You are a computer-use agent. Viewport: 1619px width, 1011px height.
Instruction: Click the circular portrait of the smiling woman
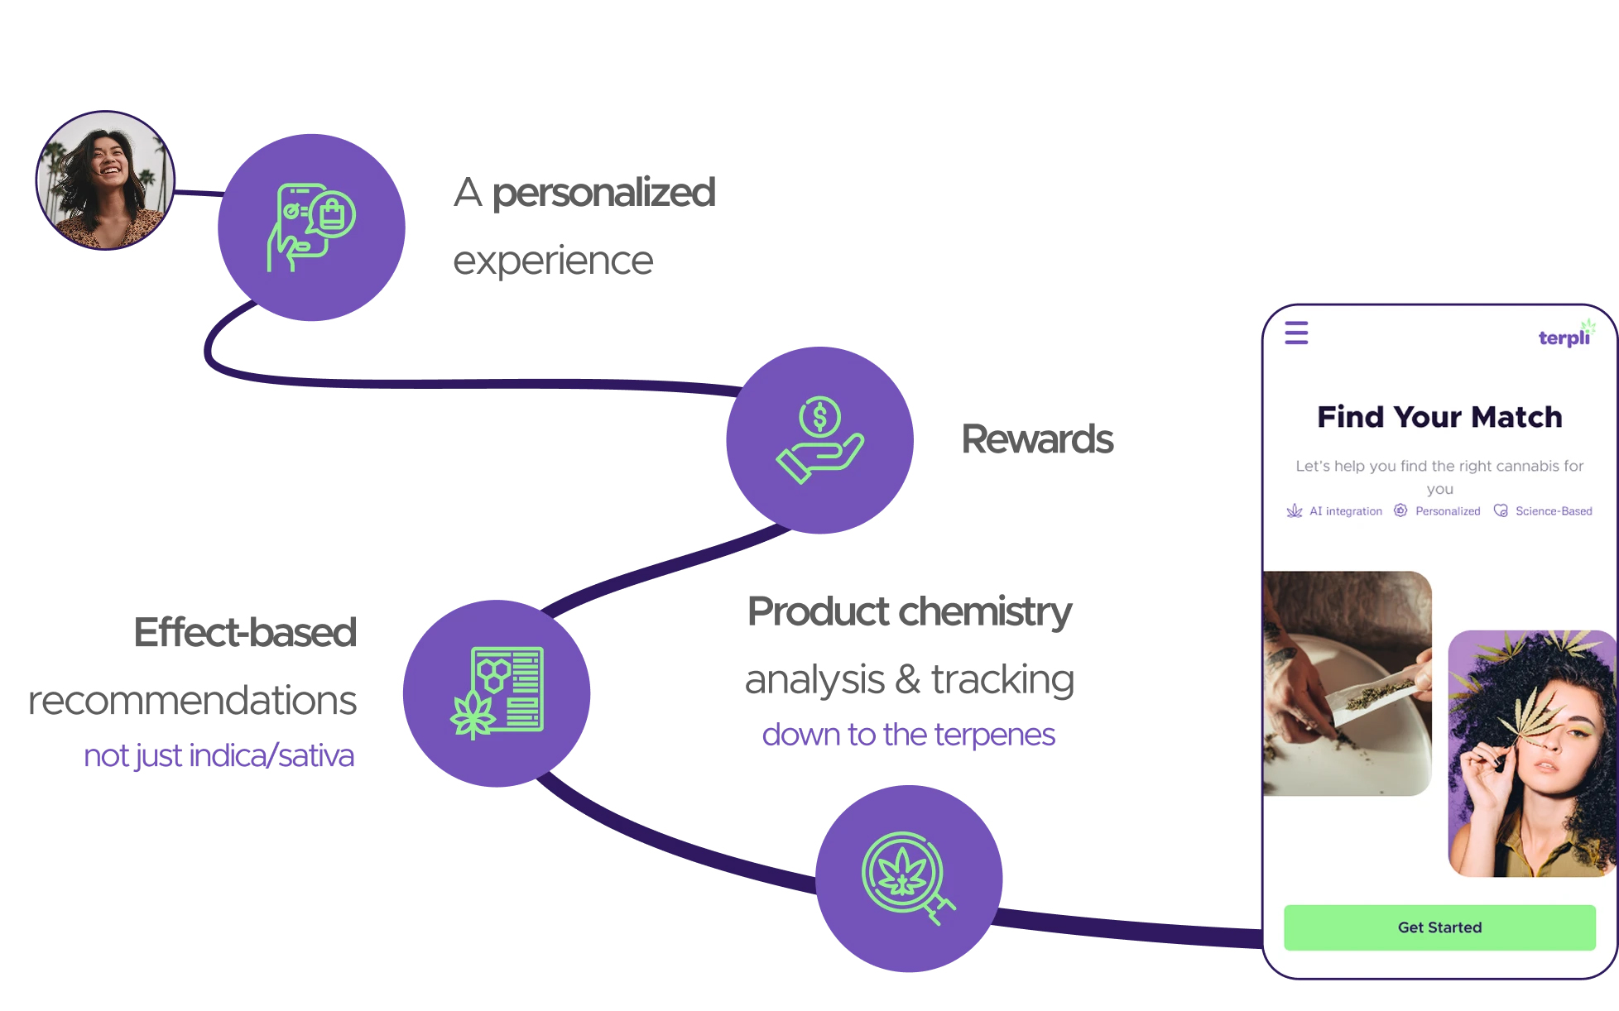pos(105,180)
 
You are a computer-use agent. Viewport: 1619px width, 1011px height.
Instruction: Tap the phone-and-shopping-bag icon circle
pos(311,228)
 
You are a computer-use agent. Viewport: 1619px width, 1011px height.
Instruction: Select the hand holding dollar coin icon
pos(819,440)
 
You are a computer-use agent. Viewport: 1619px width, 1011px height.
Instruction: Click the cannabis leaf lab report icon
pos(497,693)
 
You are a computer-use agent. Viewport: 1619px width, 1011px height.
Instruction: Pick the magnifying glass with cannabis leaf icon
pos(909,879)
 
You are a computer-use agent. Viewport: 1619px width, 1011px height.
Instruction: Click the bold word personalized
pos(603,193)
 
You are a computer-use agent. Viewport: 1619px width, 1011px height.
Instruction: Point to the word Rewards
pos(1037,439)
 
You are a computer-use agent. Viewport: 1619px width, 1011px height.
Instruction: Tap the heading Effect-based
pos(245,633)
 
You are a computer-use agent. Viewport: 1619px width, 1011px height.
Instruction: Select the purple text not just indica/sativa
pos(219,756)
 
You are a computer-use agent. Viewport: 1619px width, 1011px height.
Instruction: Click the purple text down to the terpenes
pos(908,735)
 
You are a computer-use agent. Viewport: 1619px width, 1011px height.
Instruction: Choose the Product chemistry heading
pos(909,612)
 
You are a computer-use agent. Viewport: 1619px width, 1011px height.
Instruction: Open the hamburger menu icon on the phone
pos(1296,333)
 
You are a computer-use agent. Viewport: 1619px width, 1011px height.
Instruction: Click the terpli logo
pos(1564,336)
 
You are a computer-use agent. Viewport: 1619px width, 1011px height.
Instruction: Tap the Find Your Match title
pos(1439,417)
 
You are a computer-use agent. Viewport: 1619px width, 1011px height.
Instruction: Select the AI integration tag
pos(1336,511)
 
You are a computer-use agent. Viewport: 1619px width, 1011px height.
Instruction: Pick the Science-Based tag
pos(1545,511)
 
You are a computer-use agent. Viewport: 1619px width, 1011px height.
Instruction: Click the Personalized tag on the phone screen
pos(1439,511)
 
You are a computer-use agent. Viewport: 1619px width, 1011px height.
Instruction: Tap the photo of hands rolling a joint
pos(1347,683)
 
